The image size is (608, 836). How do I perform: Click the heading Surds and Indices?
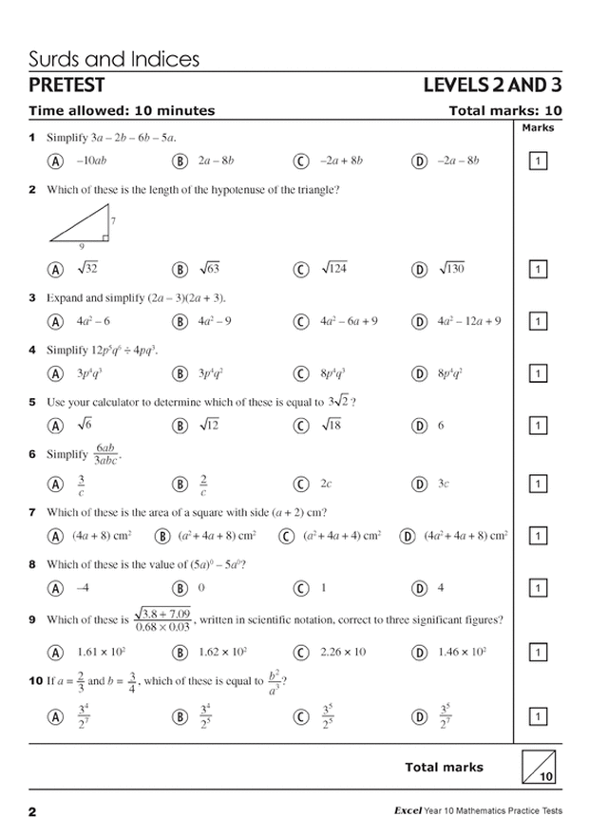(114, 59)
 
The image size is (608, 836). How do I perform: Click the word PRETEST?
(66, 86)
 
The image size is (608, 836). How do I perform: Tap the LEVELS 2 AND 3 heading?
(492, 86)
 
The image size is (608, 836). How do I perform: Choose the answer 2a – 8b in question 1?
(215, 161)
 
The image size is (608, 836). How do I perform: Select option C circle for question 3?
(302, 322)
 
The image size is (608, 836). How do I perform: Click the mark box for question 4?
(537, 374)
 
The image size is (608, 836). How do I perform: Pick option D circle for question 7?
(408, 537)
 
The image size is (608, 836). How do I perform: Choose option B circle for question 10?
(180, 716)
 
